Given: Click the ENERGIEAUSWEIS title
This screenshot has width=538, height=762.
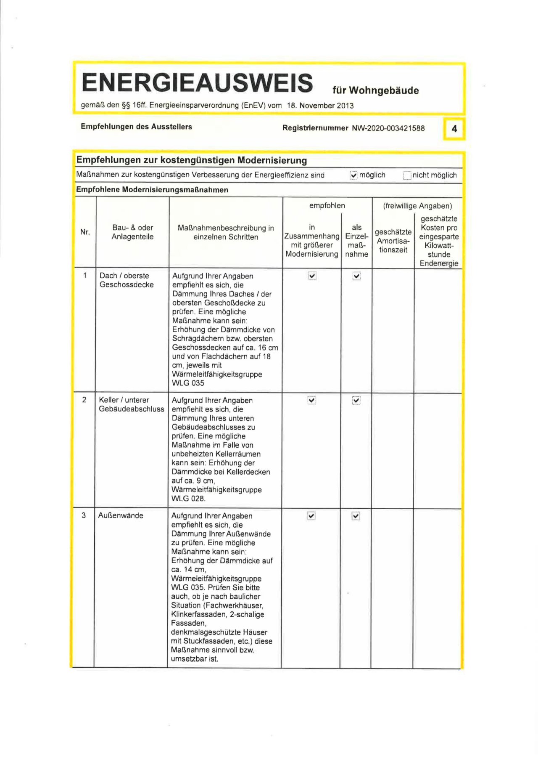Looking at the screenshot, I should point(197,82).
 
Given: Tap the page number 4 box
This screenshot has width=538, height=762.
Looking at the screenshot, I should point(454,129).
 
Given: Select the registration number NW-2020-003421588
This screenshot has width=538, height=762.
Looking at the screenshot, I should point(388,128).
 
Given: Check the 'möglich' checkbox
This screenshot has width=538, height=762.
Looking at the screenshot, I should point(353,175).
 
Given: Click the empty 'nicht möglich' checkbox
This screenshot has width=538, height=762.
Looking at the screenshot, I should point(407,175).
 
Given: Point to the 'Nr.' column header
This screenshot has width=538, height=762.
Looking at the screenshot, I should point(85,232).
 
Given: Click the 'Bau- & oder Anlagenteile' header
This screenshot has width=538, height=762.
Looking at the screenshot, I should point(132,232).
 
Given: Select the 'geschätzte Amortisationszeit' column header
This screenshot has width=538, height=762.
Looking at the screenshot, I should point(393,241).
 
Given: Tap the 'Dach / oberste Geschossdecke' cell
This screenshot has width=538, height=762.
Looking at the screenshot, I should point(127,280).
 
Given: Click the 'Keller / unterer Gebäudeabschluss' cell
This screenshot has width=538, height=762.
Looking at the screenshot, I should point(131,404).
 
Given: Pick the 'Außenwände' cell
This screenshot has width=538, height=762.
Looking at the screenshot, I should point(121,515).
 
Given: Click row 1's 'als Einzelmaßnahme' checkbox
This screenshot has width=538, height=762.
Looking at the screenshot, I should point(356,276).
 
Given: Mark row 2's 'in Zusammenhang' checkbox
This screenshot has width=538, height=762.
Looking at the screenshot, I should point(311,400).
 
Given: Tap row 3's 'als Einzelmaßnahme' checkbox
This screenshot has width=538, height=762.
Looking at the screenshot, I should point(356,516).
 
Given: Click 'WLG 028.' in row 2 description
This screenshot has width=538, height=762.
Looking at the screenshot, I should point(188,499).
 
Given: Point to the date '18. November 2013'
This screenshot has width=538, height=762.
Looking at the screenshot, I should point(320,106).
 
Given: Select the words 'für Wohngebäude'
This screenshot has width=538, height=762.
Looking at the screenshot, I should point(375,90).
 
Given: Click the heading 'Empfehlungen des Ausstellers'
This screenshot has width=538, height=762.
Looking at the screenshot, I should point(136,127).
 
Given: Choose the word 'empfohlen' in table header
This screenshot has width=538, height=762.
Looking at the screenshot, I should point(327,205).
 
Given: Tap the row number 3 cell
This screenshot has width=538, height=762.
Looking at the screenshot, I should point(84,515).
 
